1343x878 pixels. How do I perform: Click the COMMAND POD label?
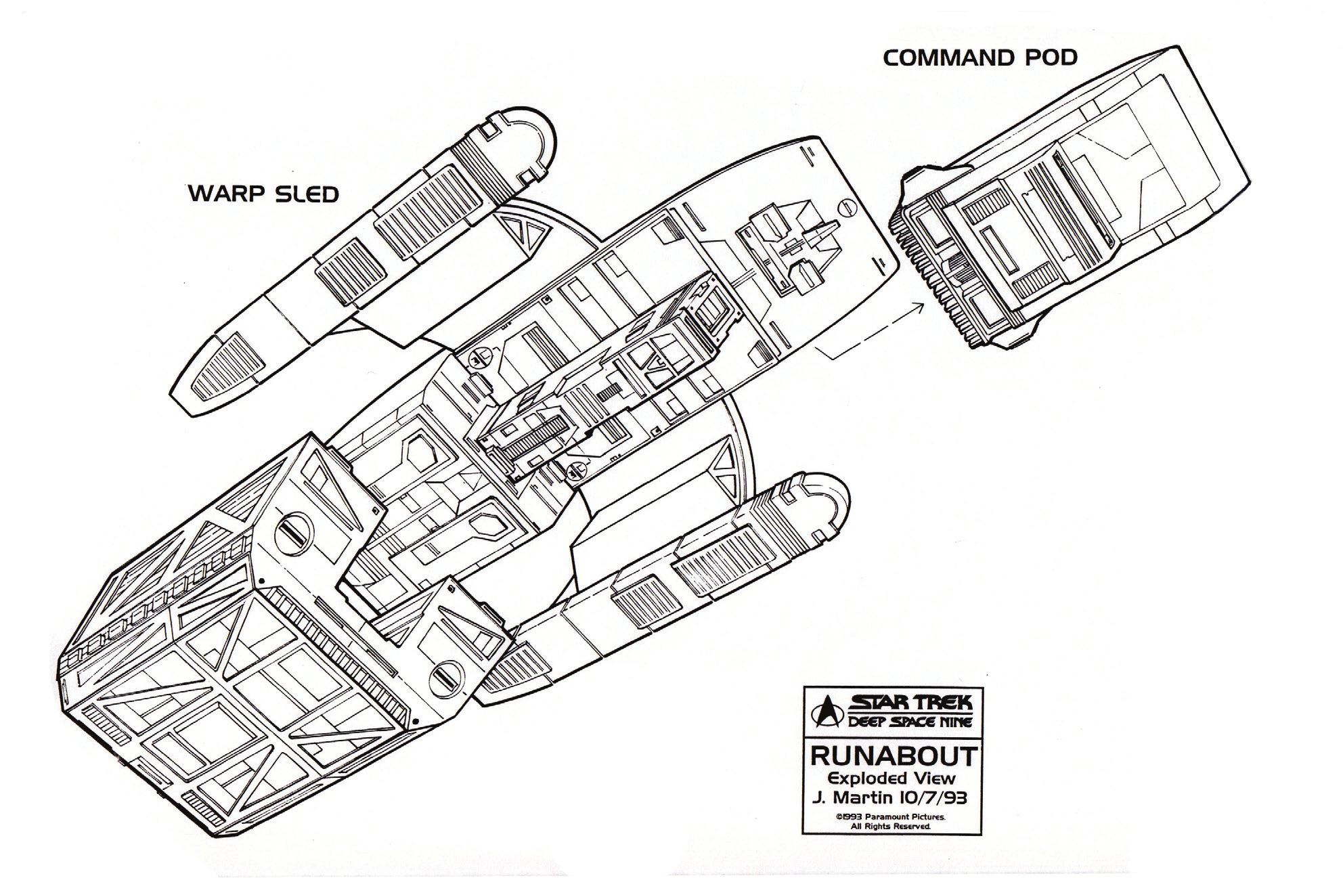[979, 58]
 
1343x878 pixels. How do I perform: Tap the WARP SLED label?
[263, 194]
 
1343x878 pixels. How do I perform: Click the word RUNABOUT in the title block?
[893, 755]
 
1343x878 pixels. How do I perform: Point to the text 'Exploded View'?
[891, 778]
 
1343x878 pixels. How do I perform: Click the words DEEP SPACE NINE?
[910, 721]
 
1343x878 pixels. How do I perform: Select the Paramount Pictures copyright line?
[891, 817]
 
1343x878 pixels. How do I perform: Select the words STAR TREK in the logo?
[910, 703]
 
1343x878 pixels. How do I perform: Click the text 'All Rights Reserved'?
[891, 827]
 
